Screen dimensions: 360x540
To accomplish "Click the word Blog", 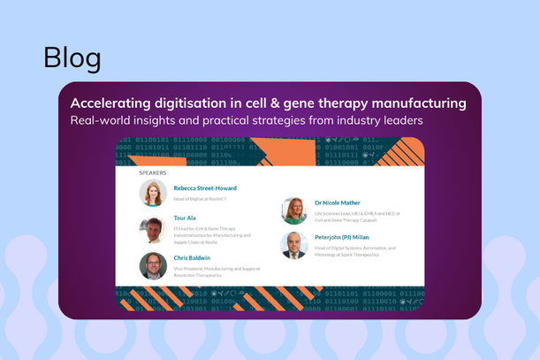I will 72,57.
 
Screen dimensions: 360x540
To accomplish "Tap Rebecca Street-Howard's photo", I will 153,193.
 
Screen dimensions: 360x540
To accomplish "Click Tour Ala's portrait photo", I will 153,230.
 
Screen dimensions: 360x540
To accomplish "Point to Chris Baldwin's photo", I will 153,266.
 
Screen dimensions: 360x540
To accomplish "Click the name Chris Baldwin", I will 192,258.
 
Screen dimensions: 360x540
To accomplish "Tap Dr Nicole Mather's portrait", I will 294,211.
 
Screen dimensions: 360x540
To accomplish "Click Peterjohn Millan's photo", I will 294,245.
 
